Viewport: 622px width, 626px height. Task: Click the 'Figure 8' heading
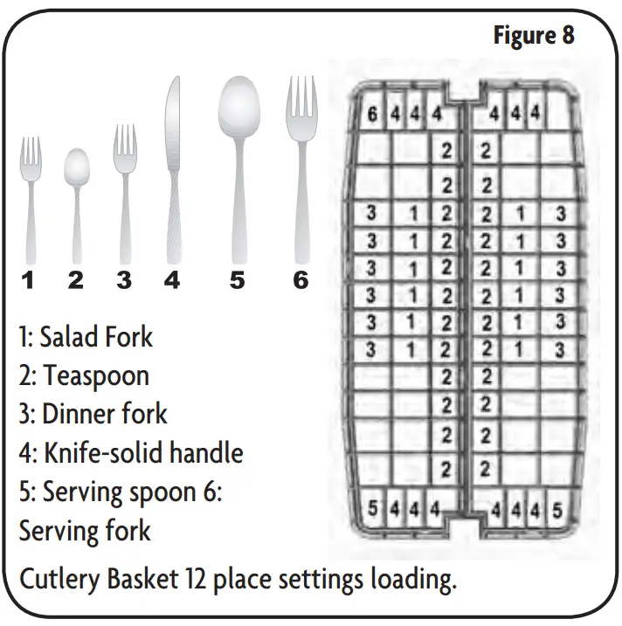[x=534, y=36]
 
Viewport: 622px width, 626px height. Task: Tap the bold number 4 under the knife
[x=172, y=281]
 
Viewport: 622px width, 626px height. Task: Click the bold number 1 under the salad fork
[x=29, y=281]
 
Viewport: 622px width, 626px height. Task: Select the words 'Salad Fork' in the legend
[x=96, y=336]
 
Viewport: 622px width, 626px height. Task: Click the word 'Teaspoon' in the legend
[x=97, y=375]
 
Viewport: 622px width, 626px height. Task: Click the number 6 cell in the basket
[x=372, y=114]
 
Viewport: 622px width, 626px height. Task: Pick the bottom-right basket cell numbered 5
[x=557, y=508]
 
